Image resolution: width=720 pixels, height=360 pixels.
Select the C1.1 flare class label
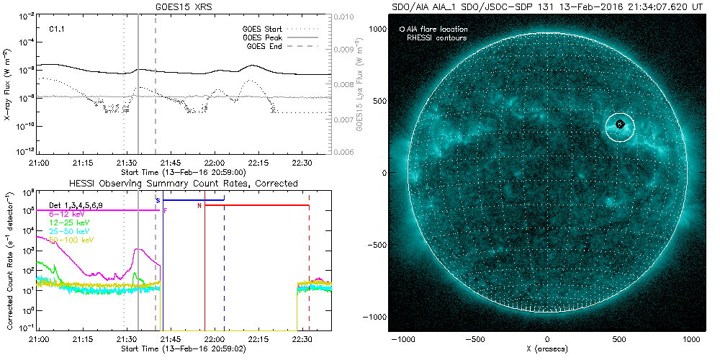point(57,29)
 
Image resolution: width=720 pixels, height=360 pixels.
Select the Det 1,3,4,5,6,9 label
point(80,205)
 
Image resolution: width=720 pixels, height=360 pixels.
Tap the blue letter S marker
point(158,199)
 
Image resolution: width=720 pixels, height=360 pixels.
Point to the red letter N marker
point(199,206)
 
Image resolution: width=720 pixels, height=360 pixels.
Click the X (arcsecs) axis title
point(547,350)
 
